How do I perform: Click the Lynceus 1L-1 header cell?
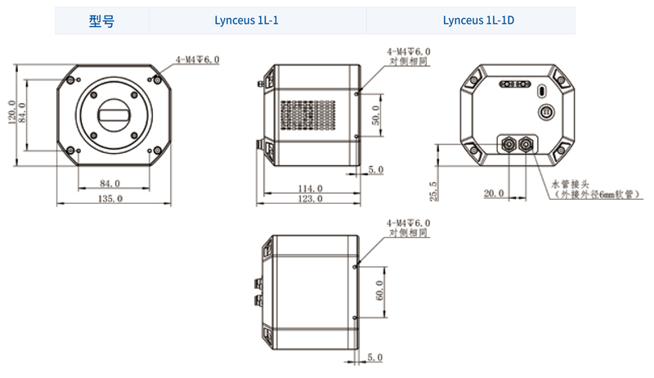pos(246,21)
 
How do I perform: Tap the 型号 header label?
pos(101,21)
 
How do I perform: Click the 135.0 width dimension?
pos(110,198)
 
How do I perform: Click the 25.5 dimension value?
pos(434,191)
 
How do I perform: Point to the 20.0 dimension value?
pos(494,194)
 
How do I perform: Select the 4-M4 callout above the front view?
pos(197,60)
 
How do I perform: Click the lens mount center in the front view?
pos(114,115)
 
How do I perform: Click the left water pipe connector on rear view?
pos(507,144)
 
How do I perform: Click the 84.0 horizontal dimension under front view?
pos(110,182)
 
